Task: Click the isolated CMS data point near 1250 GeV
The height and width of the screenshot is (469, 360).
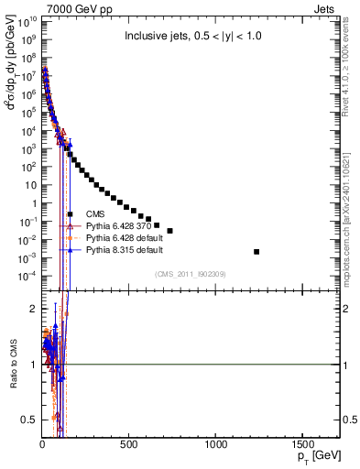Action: pyautogui.click(x=256, y=252)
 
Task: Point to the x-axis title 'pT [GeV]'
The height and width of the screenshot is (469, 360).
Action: pyautogui.click(x=317, y=455)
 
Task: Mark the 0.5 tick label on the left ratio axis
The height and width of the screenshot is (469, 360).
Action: pyautogui.click(x=28, y=420)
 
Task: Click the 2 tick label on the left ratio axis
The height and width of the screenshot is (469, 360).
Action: pyautogui.click(x=33, y=309)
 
